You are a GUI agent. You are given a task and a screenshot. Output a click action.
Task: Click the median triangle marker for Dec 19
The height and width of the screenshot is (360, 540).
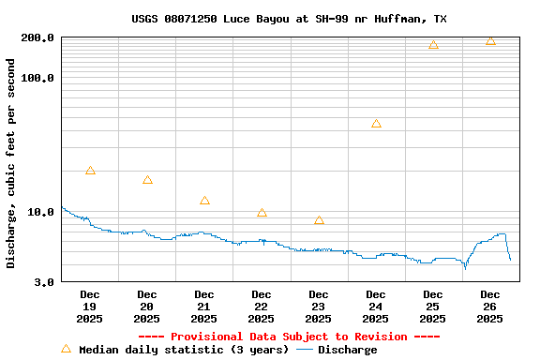pyautogui.click(x=90, y=171)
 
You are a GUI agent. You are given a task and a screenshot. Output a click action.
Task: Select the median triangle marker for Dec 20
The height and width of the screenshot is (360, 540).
pyautogui.click(x=147, y=180)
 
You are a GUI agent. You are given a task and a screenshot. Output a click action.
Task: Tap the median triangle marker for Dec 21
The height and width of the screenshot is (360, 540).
pyautogui.click(x=204, y=201)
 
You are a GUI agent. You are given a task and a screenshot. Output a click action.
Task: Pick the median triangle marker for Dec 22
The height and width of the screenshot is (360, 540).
pyautogui.click(x=262, y=213)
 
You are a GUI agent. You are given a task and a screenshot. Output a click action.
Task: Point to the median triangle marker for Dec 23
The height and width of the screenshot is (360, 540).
pyautogui.click(x=319, y=220)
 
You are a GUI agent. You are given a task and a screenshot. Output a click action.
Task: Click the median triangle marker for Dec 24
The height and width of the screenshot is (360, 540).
pyautogui.click(x=376, y=124)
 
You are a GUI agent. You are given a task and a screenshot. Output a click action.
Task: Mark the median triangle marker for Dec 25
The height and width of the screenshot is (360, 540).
pyautogui.click(x=433, y=45)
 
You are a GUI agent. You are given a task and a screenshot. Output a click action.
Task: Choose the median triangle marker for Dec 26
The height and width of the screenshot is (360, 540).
pyautogui.click(x=490, y=40)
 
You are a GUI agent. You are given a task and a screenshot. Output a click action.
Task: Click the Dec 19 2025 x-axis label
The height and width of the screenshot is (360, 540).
pyautogui.click(x=90, y=307)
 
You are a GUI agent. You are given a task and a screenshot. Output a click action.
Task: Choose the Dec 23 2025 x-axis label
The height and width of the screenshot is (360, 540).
pyautogui.click(x=319, y=307)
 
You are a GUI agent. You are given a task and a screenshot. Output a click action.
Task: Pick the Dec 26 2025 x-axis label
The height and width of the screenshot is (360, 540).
pyautogui.click(x=490, y=307)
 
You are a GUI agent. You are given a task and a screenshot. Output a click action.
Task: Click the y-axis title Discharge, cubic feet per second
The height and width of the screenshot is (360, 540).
pyautogui.click(x=11, y=163)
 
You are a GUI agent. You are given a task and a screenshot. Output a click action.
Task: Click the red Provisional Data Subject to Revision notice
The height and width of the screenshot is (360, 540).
pyautogui.click(x=289, y=337)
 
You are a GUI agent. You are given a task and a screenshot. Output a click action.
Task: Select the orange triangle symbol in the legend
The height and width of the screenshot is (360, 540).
pyautogui.click(x=66, y=349)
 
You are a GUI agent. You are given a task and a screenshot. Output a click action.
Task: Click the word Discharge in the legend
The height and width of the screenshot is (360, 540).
pyautogui.click(x=347, y=350)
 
